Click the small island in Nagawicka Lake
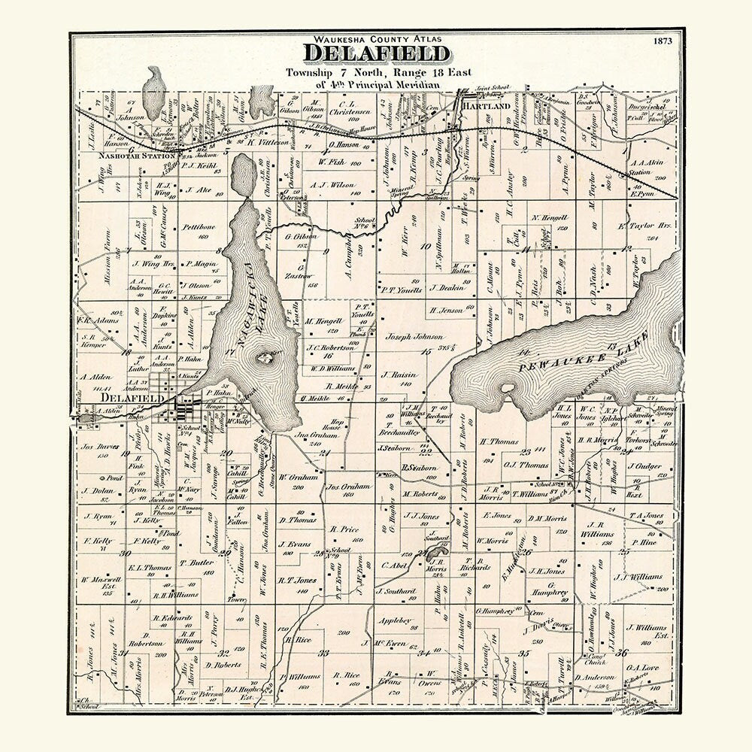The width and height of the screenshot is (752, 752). click(265, 358)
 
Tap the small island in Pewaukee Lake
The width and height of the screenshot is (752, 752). click(509, 389)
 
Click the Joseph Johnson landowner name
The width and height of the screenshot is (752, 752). click(414, 336)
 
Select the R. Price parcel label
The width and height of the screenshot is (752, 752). click(344, 529)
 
